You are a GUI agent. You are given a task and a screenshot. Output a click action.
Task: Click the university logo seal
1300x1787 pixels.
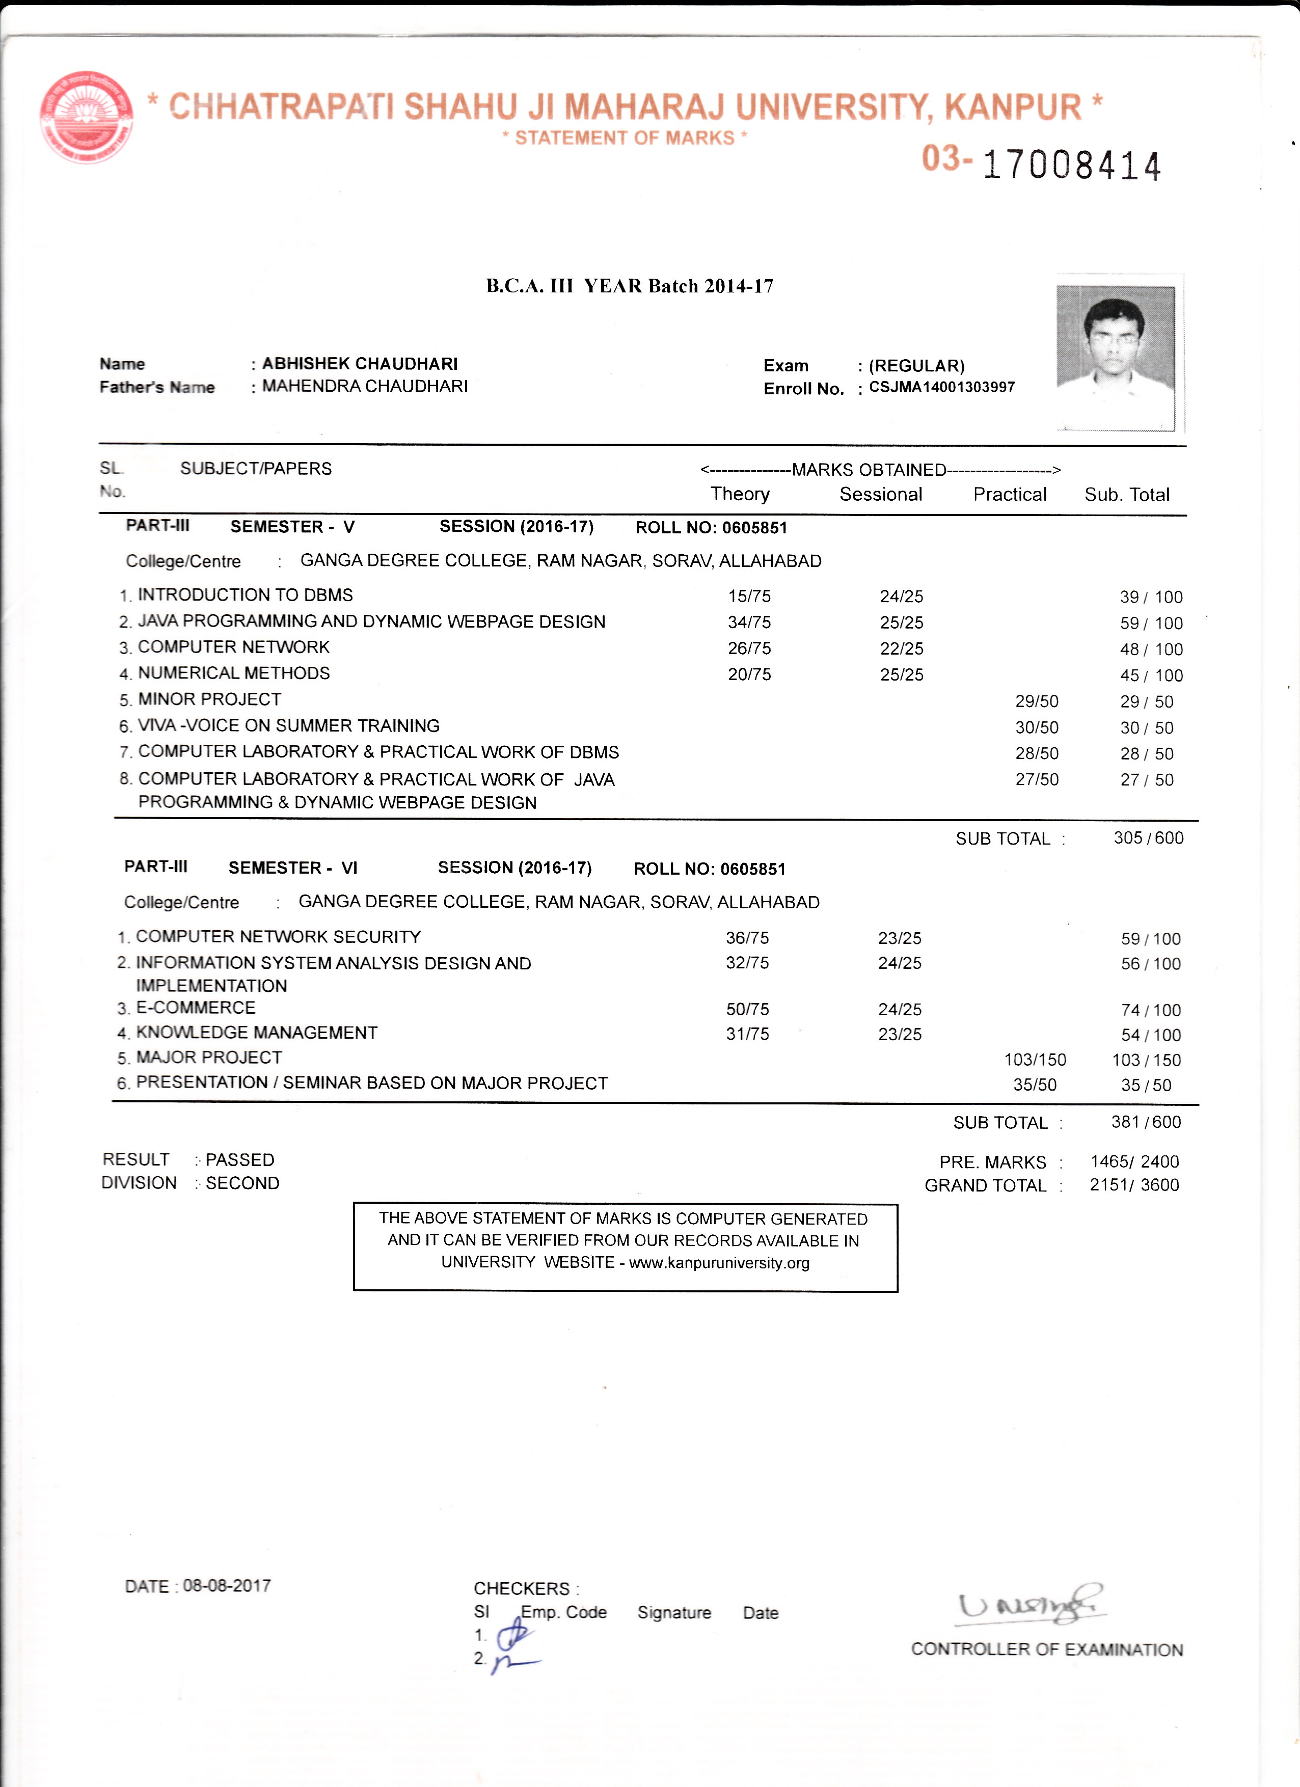pos(87,117)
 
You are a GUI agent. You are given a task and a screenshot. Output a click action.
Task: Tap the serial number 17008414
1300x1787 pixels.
pos(1071,166)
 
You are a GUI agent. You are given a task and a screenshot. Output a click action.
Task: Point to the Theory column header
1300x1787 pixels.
pos(740,494)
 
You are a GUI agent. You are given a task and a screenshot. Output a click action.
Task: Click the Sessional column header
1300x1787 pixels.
pos(880,494)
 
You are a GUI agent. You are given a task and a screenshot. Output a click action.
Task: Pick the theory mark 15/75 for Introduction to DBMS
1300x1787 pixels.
pos(749,597)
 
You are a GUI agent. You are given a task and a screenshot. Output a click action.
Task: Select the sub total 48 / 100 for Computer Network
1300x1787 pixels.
pos(1151,649)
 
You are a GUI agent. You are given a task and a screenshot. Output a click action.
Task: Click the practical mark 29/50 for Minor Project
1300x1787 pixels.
pos(1036,701)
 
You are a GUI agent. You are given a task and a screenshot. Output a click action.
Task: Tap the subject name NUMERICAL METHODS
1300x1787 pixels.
pos(233,673)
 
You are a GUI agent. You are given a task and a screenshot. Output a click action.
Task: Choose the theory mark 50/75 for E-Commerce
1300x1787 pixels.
pos(747,1009)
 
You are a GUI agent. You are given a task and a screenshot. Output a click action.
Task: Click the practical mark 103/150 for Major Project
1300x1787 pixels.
pos(1035,1060)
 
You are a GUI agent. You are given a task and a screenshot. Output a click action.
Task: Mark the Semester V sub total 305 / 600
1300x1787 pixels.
pos(1148,837)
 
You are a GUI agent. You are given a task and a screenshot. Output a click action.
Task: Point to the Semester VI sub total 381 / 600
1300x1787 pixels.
pos(1146,1122)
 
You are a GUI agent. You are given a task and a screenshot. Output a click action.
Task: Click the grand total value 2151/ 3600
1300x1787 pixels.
pos(1134,1185)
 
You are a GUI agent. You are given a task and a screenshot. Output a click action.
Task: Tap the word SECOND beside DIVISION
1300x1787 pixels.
pos(242,1183)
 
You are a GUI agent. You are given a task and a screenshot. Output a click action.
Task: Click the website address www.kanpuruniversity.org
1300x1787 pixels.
pos(719,1263)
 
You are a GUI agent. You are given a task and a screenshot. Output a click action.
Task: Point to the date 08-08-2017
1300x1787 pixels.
pos(227,1586)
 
